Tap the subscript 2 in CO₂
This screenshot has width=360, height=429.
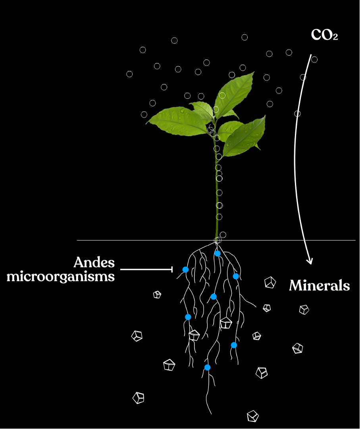click(335, 37)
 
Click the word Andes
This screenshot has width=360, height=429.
click(94, 262)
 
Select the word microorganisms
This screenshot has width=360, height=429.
click(61, 276)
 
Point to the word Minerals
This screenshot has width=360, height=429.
click(319, 285)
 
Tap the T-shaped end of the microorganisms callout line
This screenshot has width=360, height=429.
click(172, 269)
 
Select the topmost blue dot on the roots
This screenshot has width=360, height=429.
click(218, 253)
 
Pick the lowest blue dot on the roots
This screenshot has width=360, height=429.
click(207, 367)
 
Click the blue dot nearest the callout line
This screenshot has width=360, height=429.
click(185, 269)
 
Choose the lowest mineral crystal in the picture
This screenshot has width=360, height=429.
click(252, 416)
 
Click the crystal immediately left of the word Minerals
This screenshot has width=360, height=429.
click(270, 282)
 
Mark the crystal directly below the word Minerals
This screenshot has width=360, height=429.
click(304, 309)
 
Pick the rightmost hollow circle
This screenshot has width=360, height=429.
click(314, 60)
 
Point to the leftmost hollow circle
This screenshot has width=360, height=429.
click(129, 74)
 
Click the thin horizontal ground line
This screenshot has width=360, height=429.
click(298, 240)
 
